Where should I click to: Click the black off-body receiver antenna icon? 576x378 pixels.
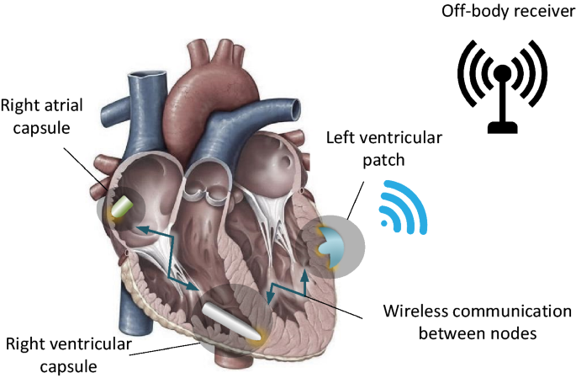(500, 84)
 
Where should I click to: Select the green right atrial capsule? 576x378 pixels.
(125, 207)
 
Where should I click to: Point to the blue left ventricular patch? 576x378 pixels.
(330, 244)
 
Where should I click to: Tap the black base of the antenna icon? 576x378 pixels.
(500, 127)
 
